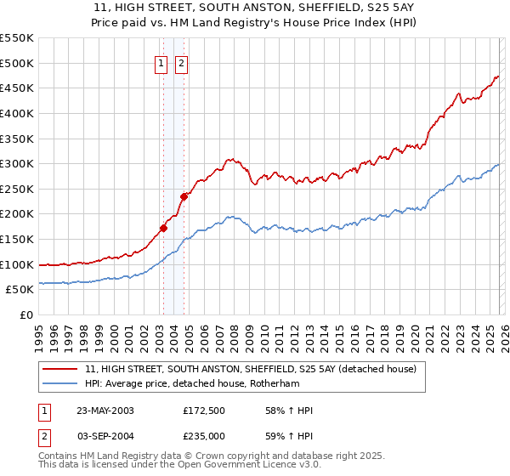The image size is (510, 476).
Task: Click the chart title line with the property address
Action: [x=255, y=8]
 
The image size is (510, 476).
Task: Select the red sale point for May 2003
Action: [x=163, y=228]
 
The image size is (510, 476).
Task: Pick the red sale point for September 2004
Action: [x=183, y=196]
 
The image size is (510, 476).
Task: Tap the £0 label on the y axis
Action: [x=26, y=314]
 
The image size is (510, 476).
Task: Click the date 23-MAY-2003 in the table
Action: [x=105, y=411]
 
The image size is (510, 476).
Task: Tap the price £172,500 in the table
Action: [x=204, y=411]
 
